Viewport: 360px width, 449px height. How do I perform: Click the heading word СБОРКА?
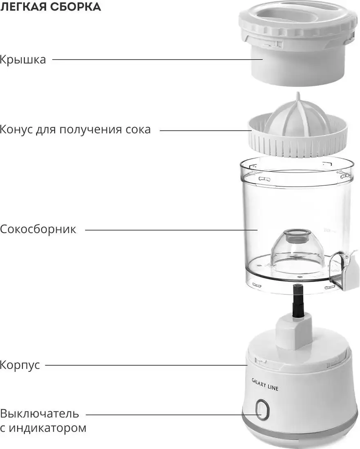pyautogui.click(x=76, y=6)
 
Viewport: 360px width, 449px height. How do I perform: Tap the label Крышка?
pyautogui.click(x=23, y=60)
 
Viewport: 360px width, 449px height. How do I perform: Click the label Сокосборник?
pyautogui.click(x=38, y=229)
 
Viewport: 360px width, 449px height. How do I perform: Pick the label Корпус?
pyautogui.click(x=20, y=365)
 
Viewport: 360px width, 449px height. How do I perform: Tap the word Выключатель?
pyautogui.click(x=40, y=413)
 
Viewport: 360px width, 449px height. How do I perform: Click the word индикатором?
pyautogui.click(x=47, y=428)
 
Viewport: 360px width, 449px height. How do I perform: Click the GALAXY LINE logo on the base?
pyautogui.click(x=265, y=384)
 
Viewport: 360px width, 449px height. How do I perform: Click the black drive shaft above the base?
pyautogui.click(x=297, y=301)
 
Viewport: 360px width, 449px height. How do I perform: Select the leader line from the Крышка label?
pyautogui.click(x=157, y=60)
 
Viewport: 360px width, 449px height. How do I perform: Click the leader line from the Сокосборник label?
pyautogui.click(x=171, y=230)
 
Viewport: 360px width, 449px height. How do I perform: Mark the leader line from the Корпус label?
pyautogui.click(x=146, y=365)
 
